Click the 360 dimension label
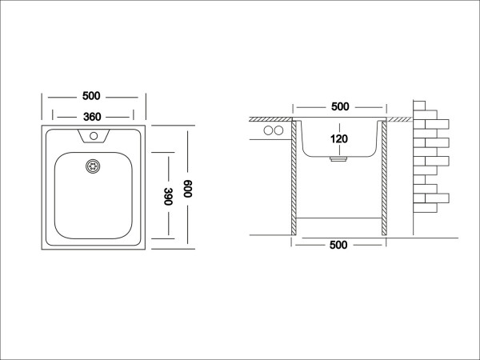92,117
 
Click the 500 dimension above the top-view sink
91,96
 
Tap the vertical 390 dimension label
169,196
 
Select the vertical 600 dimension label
188,189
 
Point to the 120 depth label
339,139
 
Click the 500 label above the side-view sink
340,106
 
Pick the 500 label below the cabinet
338,245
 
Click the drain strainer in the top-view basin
93,166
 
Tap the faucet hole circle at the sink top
94,136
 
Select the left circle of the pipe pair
268,130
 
